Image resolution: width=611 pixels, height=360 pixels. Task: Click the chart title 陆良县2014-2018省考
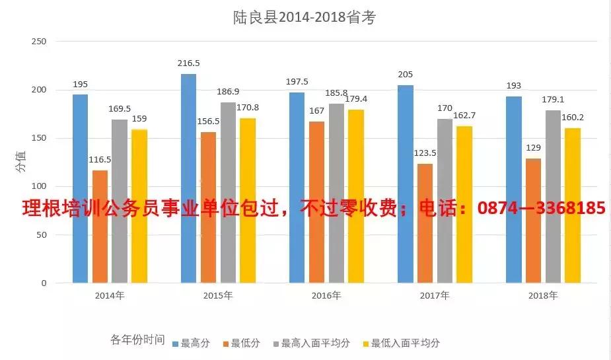(x=305, y=18)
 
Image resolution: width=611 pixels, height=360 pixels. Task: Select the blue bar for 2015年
(x=188, y=178)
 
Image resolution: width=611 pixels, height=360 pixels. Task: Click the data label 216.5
(x=189, y=63)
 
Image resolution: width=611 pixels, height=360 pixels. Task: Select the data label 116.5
(x=100, y=160)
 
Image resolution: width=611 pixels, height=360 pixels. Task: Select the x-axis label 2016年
(x=326, y=295)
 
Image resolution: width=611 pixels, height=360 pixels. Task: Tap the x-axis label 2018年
(x=543, y=295)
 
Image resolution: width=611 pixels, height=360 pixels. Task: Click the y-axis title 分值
(x=21, y=162)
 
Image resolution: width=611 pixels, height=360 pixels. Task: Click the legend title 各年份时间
(x=137, y=340)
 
